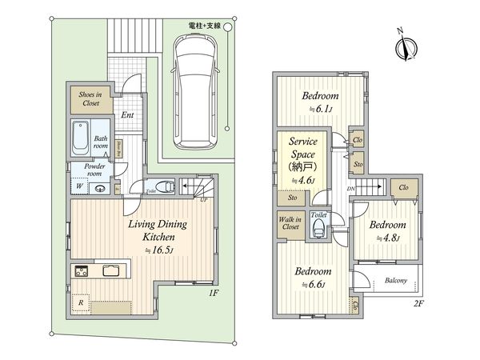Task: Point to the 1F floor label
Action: point(214,294)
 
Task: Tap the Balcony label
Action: point(395,281)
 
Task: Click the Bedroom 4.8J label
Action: point(387,230)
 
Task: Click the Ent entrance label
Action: point(127,115)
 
